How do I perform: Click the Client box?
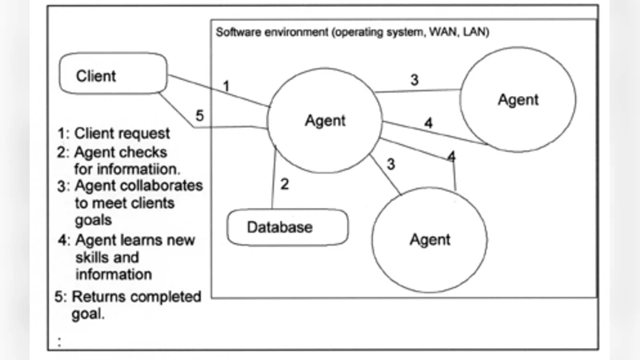[113, 77]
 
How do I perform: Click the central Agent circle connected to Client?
[325, 121]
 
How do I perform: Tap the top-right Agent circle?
[518, 100]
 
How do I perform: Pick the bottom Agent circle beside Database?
[430, 239]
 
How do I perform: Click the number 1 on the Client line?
[226, 84]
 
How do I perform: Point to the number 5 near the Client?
[200, 115]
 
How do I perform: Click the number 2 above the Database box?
[283, 183]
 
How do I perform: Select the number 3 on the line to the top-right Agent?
[414, 79]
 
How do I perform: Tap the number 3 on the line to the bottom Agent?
[390, 164]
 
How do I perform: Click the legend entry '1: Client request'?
[113, 133]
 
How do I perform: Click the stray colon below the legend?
[60, 342]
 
